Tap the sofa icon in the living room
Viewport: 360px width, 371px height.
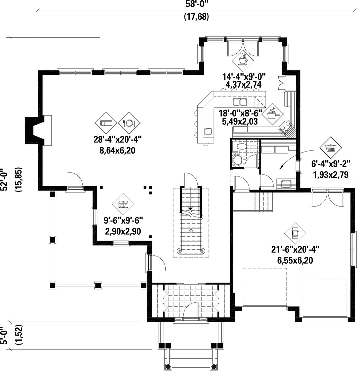click(x=106, y=123)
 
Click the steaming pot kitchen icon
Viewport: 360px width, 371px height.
click(x=273, y=113)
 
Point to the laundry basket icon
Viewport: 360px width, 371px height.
click(x=330, y=147)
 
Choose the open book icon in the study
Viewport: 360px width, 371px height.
click(x=123, y=204)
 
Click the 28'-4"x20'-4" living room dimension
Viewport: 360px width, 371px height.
click(x=117, y=139)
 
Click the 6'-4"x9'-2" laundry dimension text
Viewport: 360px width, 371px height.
click(x=330, y=163)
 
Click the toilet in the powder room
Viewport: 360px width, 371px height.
click(x=237, y=160)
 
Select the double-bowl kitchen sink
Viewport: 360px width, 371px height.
click(x=240, y=102)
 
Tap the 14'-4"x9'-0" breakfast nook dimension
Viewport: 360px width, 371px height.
click(x=244, y=77)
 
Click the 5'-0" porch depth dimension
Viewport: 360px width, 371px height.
click(x=4, y=336)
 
